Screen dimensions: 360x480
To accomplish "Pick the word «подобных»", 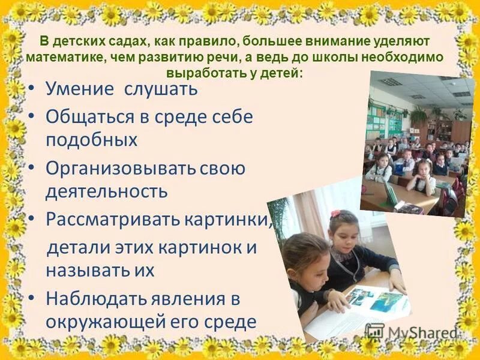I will [91, 140].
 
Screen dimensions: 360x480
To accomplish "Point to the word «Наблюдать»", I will [92, 298].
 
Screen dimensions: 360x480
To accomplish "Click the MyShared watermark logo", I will [410, 332].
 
